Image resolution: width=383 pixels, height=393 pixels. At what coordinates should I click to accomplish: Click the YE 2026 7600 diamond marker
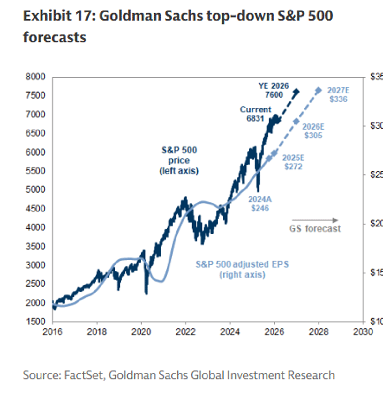point(297,92)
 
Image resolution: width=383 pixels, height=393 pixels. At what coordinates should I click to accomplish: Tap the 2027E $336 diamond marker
point(318,90)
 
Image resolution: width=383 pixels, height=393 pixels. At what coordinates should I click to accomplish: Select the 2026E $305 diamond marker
point(297,121)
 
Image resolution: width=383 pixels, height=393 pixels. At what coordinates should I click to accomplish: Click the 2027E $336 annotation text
point(338,95)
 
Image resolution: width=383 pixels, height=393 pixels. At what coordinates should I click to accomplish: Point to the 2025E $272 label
point(293,162)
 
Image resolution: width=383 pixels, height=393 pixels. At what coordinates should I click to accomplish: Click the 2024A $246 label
point(260,204)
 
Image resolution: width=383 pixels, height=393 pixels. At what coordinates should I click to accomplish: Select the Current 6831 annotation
point(255,114)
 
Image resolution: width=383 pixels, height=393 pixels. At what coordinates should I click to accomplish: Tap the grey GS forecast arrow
point(315,220)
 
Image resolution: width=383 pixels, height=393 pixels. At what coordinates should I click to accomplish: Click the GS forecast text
point(315,229)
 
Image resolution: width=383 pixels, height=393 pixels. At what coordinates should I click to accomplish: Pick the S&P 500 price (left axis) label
point(179,160)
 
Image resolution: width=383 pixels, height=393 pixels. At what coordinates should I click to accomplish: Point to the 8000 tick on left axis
point(35,77)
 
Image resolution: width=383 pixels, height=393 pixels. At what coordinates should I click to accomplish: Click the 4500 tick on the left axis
point(35,209)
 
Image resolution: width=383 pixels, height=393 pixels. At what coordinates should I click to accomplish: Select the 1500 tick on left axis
point(35,322)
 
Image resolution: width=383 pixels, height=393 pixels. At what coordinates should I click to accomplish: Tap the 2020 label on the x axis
point(141,332)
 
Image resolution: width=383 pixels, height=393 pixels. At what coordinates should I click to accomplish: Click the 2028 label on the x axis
point(319,332)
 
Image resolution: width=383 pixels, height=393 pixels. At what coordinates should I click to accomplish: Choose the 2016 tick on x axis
point(53,332)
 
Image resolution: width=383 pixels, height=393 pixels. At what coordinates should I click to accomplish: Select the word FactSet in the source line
point(84,375)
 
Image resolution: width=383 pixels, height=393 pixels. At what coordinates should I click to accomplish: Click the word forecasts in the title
point(55,37)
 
